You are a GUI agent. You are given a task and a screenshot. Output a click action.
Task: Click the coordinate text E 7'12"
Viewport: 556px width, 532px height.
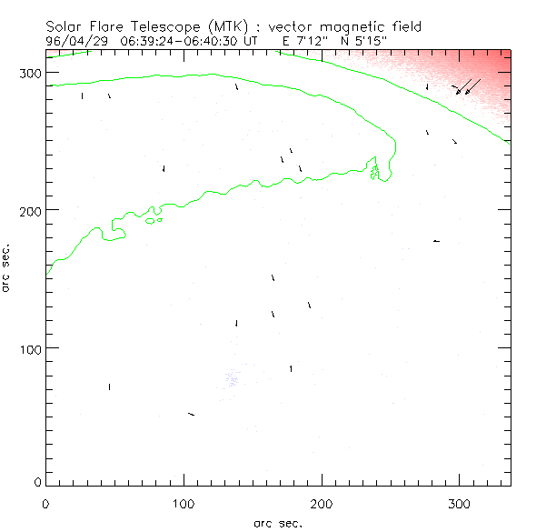297,42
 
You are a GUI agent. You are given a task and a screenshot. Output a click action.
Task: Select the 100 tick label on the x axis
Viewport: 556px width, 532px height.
184,502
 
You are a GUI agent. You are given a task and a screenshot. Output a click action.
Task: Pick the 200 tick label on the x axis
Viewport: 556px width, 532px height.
322,502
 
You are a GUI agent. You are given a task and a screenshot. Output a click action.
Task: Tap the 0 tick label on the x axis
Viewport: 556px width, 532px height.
46,502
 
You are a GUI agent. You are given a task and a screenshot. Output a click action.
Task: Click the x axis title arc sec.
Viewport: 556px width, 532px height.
277,523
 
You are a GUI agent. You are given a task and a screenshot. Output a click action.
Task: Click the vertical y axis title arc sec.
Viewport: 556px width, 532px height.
6,267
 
